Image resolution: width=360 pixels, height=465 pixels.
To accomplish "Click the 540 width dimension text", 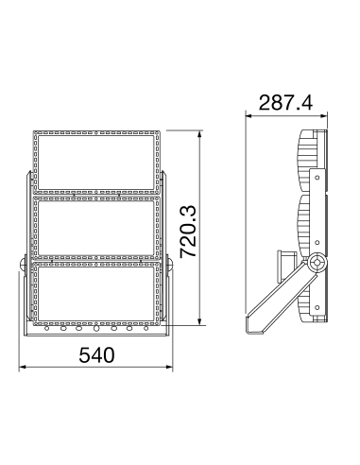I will point(96,356).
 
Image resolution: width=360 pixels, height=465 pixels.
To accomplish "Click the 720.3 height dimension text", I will point(188,232).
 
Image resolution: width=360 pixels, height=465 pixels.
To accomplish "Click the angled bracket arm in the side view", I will point(282,301).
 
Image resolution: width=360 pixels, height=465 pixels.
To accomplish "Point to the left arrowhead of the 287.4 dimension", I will point(248,113).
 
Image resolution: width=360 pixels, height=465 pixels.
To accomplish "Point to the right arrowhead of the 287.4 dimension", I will point(327,113).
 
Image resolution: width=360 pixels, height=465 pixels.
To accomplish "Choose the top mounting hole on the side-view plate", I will point(318,176).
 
